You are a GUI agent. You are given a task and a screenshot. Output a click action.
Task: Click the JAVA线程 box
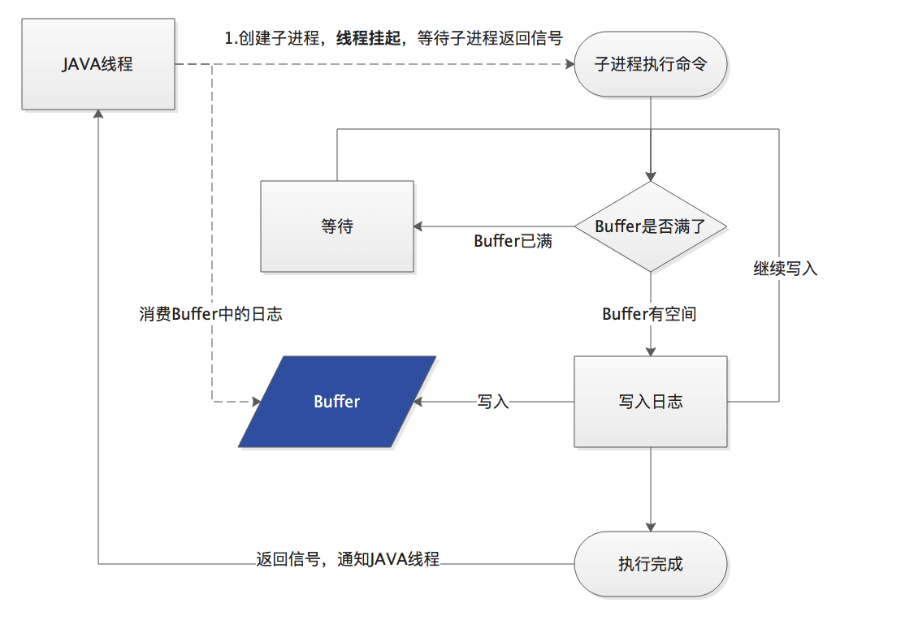tap(97, 64)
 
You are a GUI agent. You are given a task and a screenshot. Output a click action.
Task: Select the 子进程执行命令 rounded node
tap(650, 64)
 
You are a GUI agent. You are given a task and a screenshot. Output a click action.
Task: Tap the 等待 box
tap(336, 226)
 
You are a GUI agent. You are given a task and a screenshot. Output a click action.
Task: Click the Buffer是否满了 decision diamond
tap(650, 226)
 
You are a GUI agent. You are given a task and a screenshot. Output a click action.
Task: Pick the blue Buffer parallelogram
tap(336, 401)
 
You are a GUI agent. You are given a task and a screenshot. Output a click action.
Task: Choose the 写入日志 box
tap(650, 401)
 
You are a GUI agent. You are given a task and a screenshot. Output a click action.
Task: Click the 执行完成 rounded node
tap(650, 563)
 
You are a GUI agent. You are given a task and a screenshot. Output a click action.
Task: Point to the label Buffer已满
tap(513, 241)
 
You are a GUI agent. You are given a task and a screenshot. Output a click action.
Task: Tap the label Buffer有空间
tap(649, 314)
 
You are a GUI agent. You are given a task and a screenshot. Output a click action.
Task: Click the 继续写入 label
tap(785, 269)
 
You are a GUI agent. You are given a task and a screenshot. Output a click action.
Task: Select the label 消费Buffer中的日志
tap(210, 314)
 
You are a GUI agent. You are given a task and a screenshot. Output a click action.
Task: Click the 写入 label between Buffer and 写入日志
tap(493, 401)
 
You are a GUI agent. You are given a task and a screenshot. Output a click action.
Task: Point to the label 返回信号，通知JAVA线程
tap(348, 559)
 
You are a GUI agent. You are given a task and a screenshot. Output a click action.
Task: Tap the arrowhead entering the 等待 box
tap(419, 226)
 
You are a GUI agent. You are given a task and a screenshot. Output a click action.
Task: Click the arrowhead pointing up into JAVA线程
tap(97, 115)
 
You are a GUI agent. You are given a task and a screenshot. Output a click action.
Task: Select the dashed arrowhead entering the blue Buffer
tap(256, 401)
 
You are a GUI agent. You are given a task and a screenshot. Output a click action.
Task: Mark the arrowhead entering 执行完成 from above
tap(650, 527)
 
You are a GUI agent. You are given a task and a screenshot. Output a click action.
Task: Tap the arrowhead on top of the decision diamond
tap(650, 176)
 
